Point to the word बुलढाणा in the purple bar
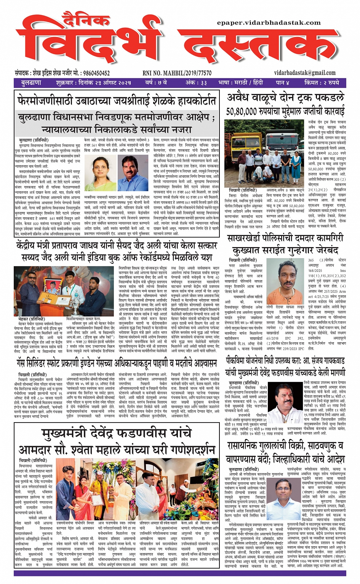pos(31,83)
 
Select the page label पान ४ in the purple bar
pos(282,83)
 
